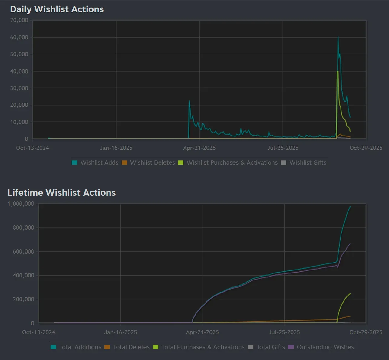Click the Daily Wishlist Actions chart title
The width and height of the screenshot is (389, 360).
pos(57,9)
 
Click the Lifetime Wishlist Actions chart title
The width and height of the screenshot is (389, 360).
pos(61,193)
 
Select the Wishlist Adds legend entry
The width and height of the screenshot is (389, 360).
pos(95,162)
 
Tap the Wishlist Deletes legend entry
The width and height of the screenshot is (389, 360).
pos(148,162)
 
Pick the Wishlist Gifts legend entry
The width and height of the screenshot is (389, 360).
pos(304,162)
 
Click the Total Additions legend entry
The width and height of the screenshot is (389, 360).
pos(76,347)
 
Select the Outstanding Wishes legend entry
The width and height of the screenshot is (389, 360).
pos(321,347)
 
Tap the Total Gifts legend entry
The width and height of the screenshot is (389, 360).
pos(266,347)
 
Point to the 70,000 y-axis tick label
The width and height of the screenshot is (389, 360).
pos(19,20)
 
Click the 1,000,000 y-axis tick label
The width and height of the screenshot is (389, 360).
pos(21,204)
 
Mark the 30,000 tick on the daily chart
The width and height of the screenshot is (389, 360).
pos(19,88)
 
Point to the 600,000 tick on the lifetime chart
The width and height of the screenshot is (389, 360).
pos(23,251)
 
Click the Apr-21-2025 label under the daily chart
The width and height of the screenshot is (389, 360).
pos(199,148)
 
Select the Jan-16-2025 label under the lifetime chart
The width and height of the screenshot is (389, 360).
pos(120,332)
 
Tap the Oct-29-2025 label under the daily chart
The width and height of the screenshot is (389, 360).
pos(366,148)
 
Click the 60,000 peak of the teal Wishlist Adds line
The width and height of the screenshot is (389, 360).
pos(338,37)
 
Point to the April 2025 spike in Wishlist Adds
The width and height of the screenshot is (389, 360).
pos(189,101)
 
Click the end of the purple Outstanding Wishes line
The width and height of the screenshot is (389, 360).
pos(350,244)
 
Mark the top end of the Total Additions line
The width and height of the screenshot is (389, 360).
pos(350,207)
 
